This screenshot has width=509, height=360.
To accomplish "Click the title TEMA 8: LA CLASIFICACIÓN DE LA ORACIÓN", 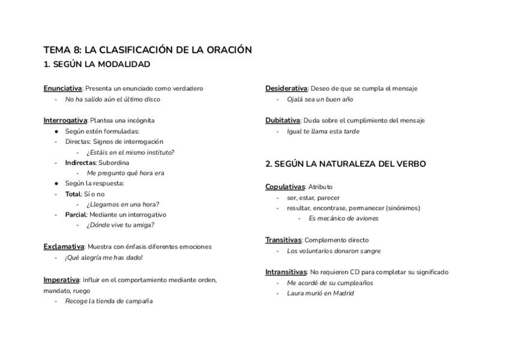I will (x=147, y=50).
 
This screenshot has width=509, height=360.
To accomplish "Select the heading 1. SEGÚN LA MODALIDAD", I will (x=97, y=64).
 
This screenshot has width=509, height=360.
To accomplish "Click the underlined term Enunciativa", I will (x=62, y=89).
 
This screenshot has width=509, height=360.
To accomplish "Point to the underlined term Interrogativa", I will (x=65, y=121).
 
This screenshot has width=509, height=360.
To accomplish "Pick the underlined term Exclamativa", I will (x=64, y=247).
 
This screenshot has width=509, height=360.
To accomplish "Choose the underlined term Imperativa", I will (x=61, y=280).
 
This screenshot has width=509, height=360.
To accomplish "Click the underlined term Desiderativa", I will (x=286, y=89).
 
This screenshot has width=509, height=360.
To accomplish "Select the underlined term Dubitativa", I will (x=282, y=121).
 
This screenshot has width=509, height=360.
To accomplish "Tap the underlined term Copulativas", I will (x=285, y=187).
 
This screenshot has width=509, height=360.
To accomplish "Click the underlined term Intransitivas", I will (x=286, y=272).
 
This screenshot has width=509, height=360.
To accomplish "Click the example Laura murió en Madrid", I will (x=320, y=293).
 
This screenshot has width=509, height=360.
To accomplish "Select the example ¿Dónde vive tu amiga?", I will (x=120, y=226).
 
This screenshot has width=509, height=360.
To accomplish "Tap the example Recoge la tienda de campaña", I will (x=109, y=301).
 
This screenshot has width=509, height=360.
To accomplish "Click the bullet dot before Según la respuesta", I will (x=56, y=184).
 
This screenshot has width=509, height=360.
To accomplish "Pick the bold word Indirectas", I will (x=80, y=163).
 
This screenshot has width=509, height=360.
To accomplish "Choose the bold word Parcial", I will (x=76, y=215).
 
